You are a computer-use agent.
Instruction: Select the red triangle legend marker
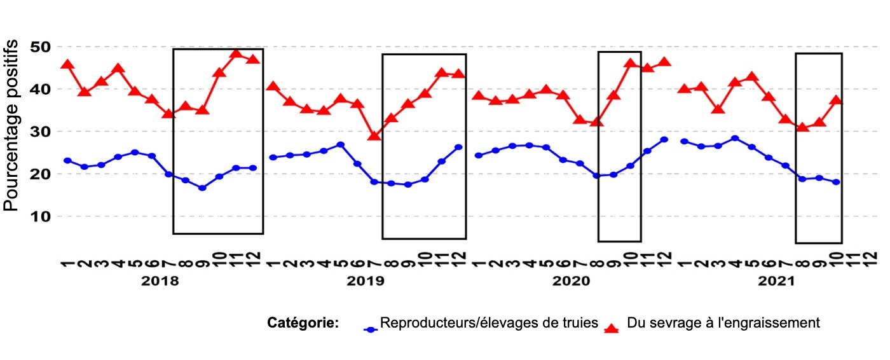pos(612,328)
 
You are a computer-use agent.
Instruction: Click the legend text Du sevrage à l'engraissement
pos(723,323)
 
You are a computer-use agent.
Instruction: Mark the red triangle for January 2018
pos(67,64)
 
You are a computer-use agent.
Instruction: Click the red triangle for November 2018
pos(236,53)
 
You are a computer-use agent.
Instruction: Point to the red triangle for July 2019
pos(374,135)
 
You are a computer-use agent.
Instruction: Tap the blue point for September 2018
pos(202,188)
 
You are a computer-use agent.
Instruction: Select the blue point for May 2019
pos(341,144)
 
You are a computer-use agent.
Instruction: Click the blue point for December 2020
pos(664,139)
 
